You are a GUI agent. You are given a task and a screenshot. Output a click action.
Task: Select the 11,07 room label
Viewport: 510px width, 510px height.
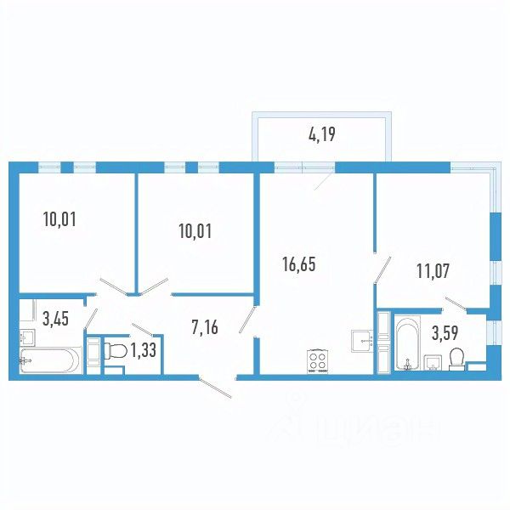coord(433,272)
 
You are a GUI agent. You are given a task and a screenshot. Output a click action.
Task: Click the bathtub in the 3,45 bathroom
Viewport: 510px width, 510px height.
coord(50,360)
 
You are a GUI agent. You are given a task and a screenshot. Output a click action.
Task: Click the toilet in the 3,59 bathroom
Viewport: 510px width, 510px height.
coord(456,360)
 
